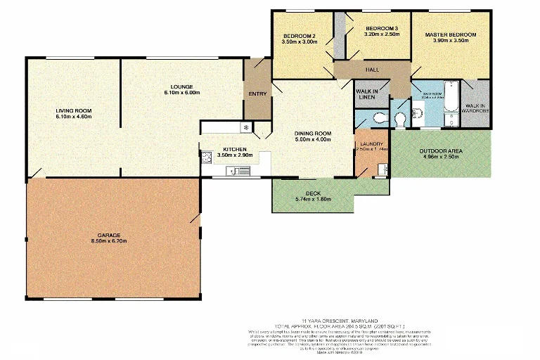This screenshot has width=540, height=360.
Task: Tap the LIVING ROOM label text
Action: (74, 110)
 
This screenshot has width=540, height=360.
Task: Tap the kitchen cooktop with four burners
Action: (207, 158)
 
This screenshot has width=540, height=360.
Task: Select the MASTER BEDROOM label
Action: (450, 34)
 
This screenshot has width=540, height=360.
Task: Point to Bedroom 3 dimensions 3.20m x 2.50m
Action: (382, 34)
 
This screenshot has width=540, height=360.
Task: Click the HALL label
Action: (372, 70)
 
